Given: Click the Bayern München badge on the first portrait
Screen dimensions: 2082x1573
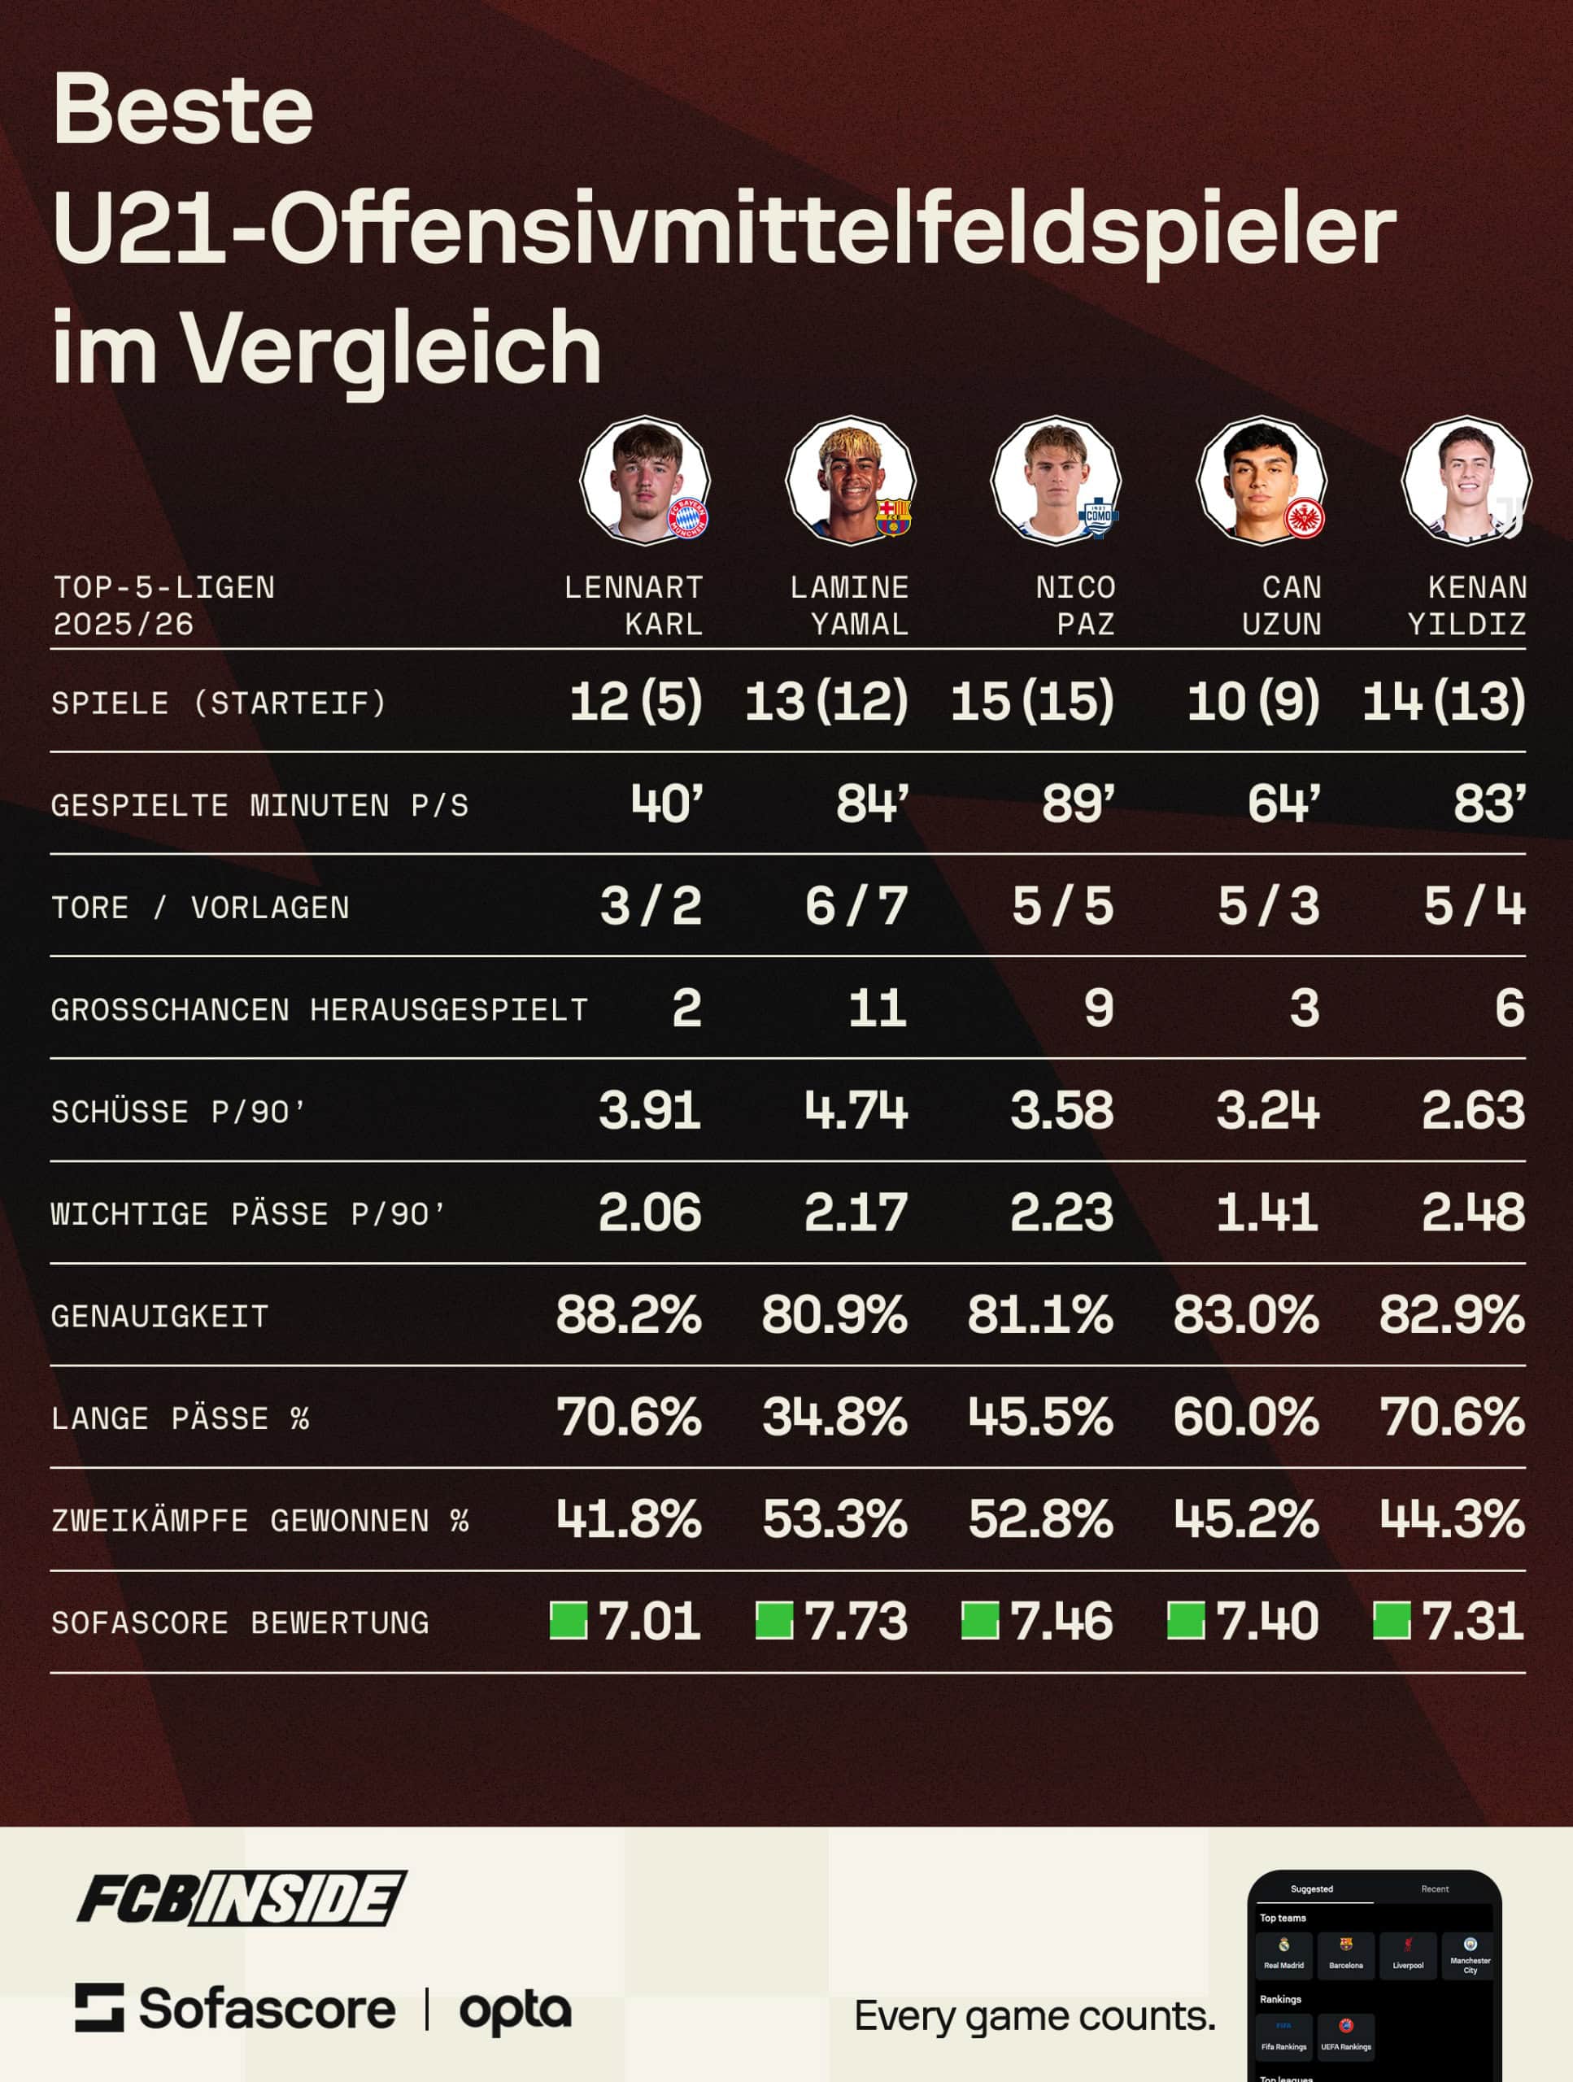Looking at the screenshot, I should click(687, 518).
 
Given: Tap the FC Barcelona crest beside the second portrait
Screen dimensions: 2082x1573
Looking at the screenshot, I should click(893, 516).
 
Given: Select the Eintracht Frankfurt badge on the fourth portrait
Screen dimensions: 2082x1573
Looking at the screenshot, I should click(1305, 518).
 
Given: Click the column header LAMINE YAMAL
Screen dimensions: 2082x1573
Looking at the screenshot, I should click(849, 605).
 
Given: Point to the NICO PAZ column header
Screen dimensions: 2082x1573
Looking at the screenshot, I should click(1075, 605).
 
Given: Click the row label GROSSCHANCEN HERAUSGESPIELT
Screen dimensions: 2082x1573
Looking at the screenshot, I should click(319, 1010).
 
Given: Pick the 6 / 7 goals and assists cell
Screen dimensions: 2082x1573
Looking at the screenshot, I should click(856, 907).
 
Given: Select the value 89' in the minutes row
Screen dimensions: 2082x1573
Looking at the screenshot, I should click(1078, 804).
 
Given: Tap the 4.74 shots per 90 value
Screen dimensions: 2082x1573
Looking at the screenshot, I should click(856, 1111).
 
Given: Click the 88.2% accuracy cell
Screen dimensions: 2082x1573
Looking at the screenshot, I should click(628, 1315).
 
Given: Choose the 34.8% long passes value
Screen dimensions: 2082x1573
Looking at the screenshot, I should click(834, 1418).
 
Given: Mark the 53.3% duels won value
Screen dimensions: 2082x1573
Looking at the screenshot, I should click(834, 1520).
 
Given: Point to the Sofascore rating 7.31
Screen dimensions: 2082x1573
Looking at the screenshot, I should click(1472, 1622).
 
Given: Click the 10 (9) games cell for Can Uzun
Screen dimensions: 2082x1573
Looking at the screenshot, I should click(1253, 701).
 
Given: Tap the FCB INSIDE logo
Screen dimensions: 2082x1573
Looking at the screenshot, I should click(241, 1898).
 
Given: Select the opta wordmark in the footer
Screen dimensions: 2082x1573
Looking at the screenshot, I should click(515, 2010).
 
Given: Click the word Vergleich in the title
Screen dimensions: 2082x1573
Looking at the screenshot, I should click(391, 348).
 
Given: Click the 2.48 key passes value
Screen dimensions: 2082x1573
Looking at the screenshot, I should click(1472, 1213).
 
